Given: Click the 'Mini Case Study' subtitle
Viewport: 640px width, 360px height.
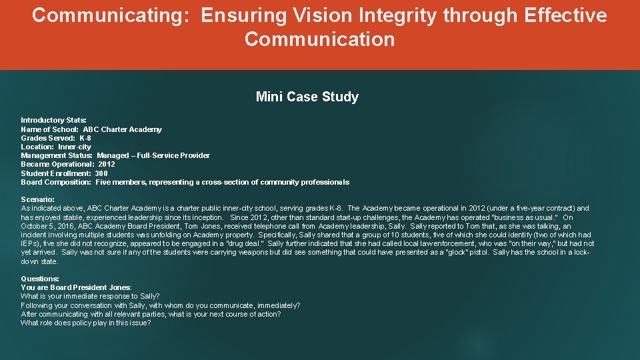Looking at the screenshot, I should coord(307,97).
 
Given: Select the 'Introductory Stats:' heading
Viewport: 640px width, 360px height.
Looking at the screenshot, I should coord(53,120).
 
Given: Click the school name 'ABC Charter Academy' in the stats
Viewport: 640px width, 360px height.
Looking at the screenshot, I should coord(122,129).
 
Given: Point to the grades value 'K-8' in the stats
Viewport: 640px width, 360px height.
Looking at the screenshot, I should coord(85,138).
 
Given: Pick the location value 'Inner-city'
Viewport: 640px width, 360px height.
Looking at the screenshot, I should coord(75,147).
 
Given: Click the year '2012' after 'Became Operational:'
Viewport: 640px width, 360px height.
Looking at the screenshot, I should coord(107,164).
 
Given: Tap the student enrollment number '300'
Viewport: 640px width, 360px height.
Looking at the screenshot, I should coord(101,173).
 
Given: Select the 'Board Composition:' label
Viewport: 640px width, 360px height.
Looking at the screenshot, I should coord(56,182).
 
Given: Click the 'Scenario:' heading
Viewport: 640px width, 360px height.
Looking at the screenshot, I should coord(38,199).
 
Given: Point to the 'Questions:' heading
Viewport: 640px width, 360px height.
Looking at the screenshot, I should coord(40,279).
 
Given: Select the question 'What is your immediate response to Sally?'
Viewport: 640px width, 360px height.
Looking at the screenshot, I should coord(90,296).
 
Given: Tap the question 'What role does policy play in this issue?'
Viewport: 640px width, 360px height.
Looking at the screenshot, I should coord(86,323).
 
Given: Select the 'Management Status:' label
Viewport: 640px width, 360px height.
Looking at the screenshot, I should coord(57,155).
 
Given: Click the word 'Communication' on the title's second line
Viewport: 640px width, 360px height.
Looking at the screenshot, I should coord(319,39).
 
